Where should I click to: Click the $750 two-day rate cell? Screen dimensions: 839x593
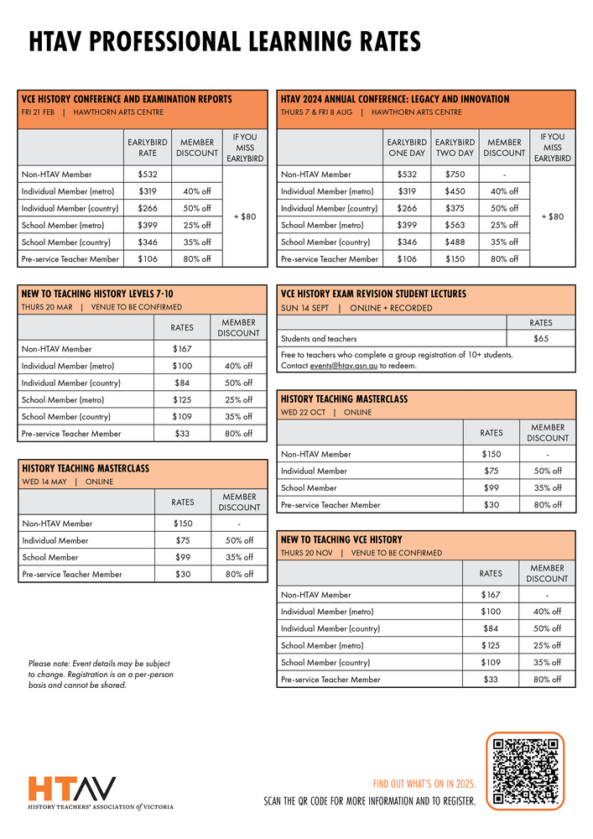[455, 175]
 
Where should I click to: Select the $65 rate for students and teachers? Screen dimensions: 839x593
[541, 339]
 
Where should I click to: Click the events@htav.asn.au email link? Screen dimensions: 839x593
[343, 366]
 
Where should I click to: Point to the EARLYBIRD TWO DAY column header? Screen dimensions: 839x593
[455, 148]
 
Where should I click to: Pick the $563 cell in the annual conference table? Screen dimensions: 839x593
[455, 225]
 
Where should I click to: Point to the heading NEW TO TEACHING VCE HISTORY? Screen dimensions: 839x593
[341, 539]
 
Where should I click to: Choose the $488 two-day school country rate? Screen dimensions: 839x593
[455, 242]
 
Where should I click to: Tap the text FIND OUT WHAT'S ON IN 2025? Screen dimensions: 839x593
[424, 784]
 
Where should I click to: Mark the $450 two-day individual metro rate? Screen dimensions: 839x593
[455, 191]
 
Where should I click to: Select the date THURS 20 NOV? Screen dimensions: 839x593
[307, 554]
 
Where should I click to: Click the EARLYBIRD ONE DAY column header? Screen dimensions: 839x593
[407, 148]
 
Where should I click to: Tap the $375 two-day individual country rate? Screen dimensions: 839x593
[455, 208]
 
